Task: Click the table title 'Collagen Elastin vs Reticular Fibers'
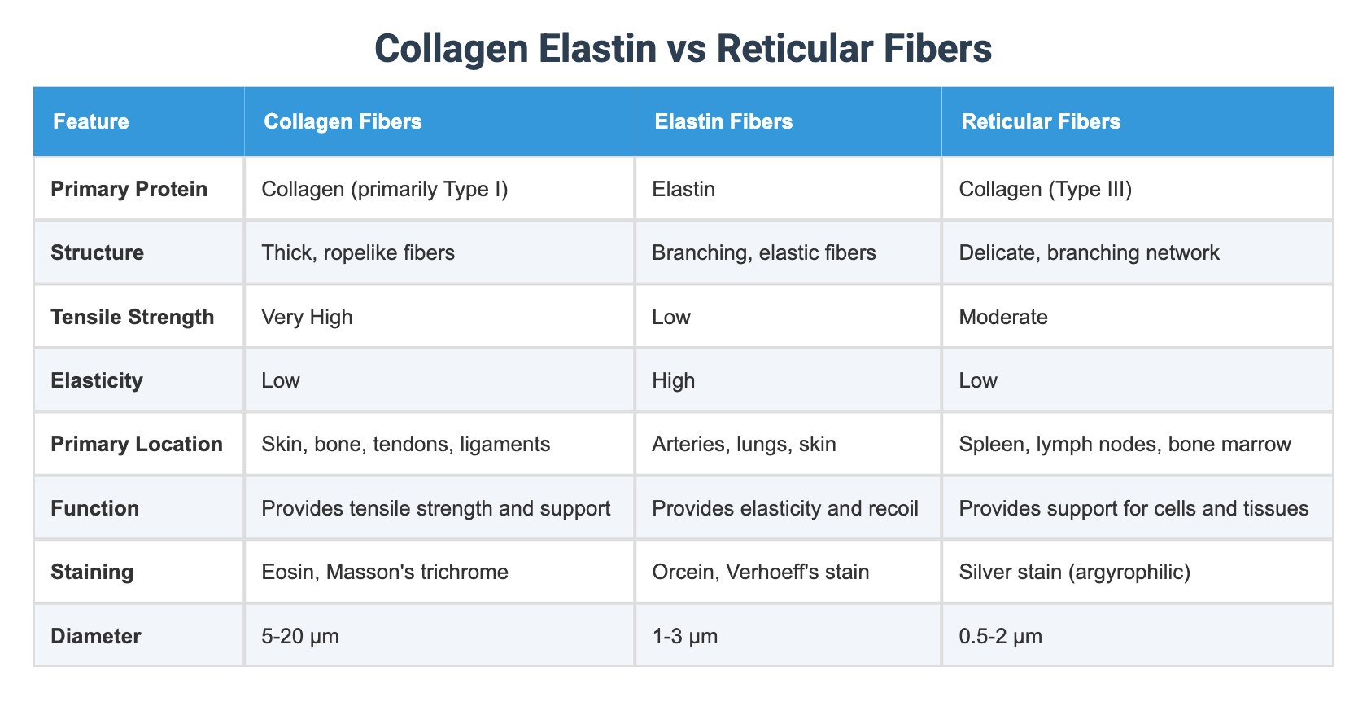pos(683,49)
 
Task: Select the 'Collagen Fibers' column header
pos(343,122)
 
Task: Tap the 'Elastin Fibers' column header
pos(723,122)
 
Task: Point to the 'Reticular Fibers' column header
pos(1041,122)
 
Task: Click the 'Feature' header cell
pos(91,122)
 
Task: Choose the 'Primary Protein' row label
pos(129,189)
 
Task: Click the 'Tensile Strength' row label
pos(133,317)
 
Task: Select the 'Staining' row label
pos(92,572)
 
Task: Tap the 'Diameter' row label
pos(95,636)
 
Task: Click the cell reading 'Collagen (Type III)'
pos(1034,189)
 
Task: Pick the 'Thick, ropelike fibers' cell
pos(358,252)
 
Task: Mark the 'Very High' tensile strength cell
pos(307,317)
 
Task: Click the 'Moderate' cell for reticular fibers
pos(1003,317)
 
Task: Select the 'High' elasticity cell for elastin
pos(674,380)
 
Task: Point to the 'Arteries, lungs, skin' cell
pos(744,444)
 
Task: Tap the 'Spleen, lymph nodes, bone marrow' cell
pos(1125,444)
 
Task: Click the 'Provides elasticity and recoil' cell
pos(785,508)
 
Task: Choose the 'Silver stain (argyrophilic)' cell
pos(1075,572)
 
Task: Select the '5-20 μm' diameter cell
pos(300,636)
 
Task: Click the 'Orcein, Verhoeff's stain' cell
pos(760,572)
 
